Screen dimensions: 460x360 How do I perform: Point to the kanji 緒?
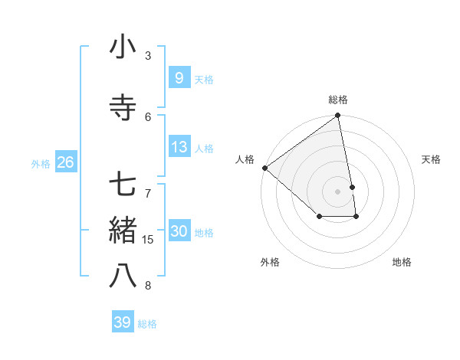click(123, 230)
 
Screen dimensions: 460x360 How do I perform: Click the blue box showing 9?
click(179, 77)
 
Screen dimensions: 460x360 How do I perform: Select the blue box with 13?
click(179, 147)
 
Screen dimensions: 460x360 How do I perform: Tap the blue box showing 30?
click(179, 231)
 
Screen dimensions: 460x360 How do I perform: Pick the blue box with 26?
click(65, 162)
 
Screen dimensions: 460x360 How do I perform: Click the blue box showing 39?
click(122, 322)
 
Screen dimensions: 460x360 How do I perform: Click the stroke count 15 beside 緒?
click(149, 240)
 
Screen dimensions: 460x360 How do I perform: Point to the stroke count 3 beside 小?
click(148, 56)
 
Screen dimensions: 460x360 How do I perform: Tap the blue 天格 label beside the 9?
click(204, 79)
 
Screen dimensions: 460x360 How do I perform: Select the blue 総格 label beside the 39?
click(147, 324)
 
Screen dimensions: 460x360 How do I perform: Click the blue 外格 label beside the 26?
click(41, 163)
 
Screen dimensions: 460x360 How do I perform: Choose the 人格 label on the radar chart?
click(245, 159)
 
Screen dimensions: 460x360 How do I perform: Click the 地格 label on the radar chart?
click(402, 262)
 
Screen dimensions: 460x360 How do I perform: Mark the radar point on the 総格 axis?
click(337, 116)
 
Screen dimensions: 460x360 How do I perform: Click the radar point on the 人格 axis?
click(264, 168)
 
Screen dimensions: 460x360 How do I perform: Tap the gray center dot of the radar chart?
click(337, 191)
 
